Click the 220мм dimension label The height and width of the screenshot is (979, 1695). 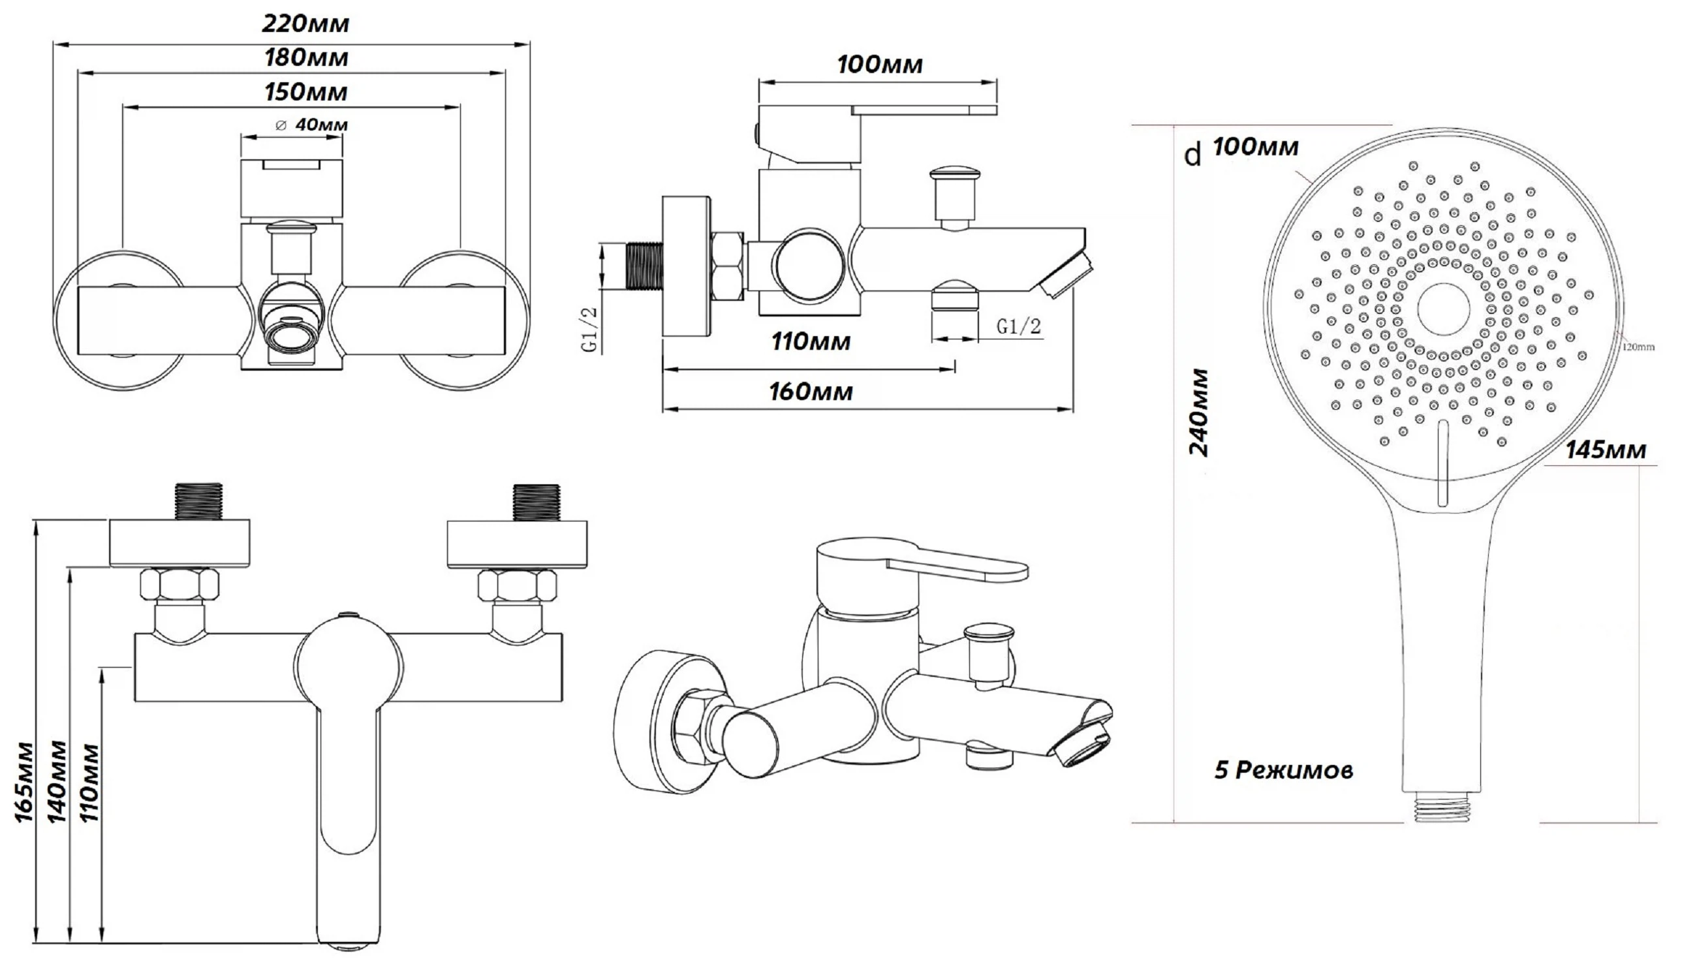tap(305, 24)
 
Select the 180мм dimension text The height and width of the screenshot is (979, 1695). tap(306, 58)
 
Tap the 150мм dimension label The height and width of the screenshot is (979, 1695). tap(306, 92)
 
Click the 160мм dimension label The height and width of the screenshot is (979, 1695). tap(811, 392)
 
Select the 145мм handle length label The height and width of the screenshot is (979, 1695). tap(1606, 450)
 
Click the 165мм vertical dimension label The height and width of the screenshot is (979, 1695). tap(24, 781)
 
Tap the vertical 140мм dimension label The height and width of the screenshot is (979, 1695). tap(57, 781)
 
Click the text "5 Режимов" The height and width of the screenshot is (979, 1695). tap(1283, 770)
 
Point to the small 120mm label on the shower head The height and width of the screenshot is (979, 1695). tap(1638, 347)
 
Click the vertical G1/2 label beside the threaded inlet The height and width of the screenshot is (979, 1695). tap(589, 329)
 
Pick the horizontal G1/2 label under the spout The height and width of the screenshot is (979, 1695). tap(1018, 327)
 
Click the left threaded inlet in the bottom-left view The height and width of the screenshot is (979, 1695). tap(198, 502)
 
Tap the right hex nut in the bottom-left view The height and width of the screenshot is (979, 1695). tap(517, 585)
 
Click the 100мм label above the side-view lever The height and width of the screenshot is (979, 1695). tap(879, 65)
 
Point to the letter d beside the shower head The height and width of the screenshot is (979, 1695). tap(1192, 156)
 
